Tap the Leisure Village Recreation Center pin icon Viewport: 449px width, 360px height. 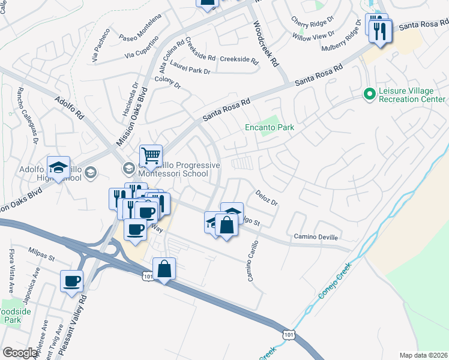[369, 94]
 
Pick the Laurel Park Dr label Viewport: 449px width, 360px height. [190, 71]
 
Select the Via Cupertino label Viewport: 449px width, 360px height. [141, 48]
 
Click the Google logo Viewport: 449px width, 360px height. [20, 353]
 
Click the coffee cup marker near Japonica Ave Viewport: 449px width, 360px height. [72, 281]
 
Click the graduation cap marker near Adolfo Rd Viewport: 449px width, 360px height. [59, 168]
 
